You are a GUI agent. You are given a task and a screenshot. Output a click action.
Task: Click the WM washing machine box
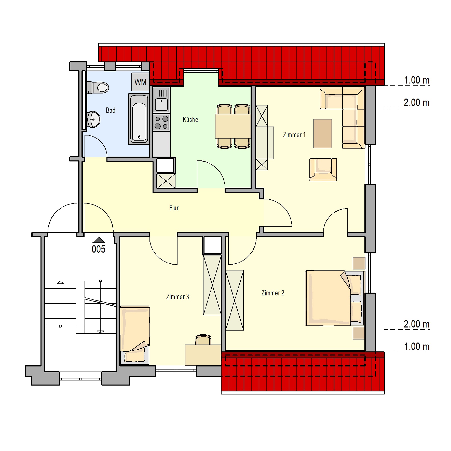coord(140,82)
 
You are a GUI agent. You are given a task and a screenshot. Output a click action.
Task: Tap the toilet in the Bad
coord(98,88)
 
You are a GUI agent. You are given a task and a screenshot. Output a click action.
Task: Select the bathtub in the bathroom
coord(139,119)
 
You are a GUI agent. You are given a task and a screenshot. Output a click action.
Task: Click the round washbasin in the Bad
coord(94,119)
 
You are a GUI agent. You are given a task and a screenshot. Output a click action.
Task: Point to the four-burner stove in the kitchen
coord(161,122)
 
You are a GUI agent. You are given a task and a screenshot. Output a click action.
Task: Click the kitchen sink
coord(161,100)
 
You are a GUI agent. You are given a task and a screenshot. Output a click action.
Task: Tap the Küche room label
coord(190,119)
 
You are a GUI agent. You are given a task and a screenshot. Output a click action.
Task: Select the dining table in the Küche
coord(233,126)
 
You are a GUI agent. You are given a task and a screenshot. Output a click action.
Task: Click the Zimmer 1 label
coord(294,135)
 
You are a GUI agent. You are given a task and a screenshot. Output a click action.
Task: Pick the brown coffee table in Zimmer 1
coord(323,133)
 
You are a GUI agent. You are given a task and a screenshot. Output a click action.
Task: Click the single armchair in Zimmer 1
coord(323,170)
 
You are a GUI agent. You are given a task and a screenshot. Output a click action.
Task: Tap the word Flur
coord(174,208)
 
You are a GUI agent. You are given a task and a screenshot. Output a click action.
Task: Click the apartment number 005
coord(99,249)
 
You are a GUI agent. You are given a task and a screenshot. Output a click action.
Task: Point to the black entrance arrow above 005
coord(99,240)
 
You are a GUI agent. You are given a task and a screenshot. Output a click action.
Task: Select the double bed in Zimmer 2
coord(335,298)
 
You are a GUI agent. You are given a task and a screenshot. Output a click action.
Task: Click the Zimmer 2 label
coord(273,293)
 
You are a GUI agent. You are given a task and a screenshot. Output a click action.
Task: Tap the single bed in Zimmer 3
coord(135,335)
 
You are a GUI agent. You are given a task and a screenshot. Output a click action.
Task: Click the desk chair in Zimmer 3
coord(203,340)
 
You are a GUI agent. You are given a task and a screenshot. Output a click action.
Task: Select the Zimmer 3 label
coord(177,297)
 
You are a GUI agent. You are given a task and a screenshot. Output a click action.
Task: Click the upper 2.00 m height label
coord(417,103)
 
